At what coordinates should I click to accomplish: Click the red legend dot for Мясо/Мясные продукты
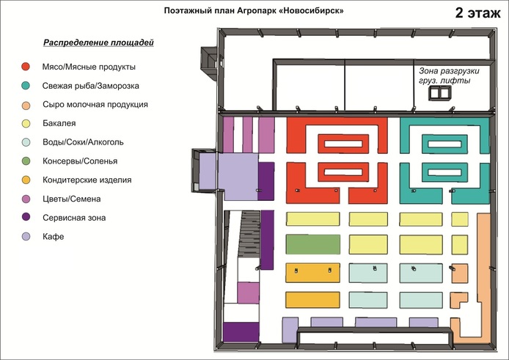pyautogui.click(x=26, y=67)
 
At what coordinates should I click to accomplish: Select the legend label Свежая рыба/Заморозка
pyautogui.click(x=91, y=86)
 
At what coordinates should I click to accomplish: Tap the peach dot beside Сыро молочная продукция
pyautogui.click(x=26, y=105)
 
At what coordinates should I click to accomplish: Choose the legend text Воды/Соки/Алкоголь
pyautogui.click(x=83, y=142)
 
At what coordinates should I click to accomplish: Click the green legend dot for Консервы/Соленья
pyautogui.click(x=26, y=161)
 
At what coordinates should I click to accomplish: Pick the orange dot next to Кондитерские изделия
pyautogui.click(x=26, y=180)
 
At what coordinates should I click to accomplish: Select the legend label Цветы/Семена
pyautogui.click(x=71, y=199)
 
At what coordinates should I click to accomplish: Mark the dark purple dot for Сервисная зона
pyautogui.click(x=26, y=217)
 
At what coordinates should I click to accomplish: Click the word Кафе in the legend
pyautogui.click(x=54, y=236)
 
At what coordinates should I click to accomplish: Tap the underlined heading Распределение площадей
pyautogui.click(x=98, y=43)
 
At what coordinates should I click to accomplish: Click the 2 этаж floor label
pyautogui.click(x=478, y=13)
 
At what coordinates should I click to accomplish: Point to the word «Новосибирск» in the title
pyautogui.click(x=311, y=11)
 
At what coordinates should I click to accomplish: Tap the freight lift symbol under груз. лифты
pyautogui.click(x=440, y=93)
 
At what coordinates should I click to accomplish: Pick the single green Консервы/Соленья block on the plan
pyautogui.click(x=313, y=244)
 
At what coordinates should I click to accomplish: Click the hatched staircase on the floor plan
pyautogui.click(x=249, y=235)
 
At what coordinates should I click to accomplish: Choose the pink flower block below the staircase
pyautogui.click(x=249, y=293)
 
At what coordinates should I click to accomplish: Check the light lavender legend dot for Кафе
pyautogui.click(x=26, y=236)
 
